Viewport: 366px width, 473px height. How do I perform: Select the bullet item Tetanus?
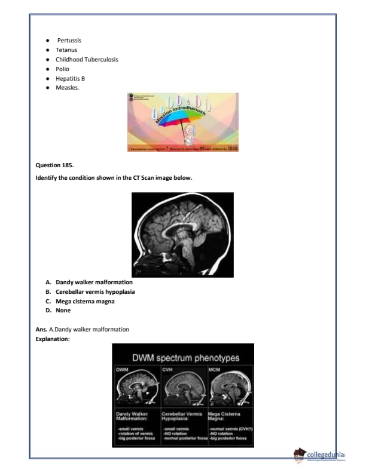coord(65,50)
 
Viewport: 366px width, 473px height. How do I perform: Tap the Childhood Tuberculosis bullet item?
coord(87,59)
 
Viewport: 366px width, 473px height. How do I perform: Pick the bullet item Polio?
coord(62,69)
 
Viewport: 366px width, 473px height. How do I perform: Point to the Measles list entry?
coord(68,88)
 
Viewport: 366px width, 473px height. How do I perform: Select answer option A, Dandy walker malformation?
coord(94,282)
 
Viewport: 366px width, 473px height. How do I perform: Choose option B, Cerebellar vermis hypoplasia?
coord(95,291)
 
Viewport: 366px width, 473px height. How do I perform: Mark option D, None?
coord(63,311)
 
